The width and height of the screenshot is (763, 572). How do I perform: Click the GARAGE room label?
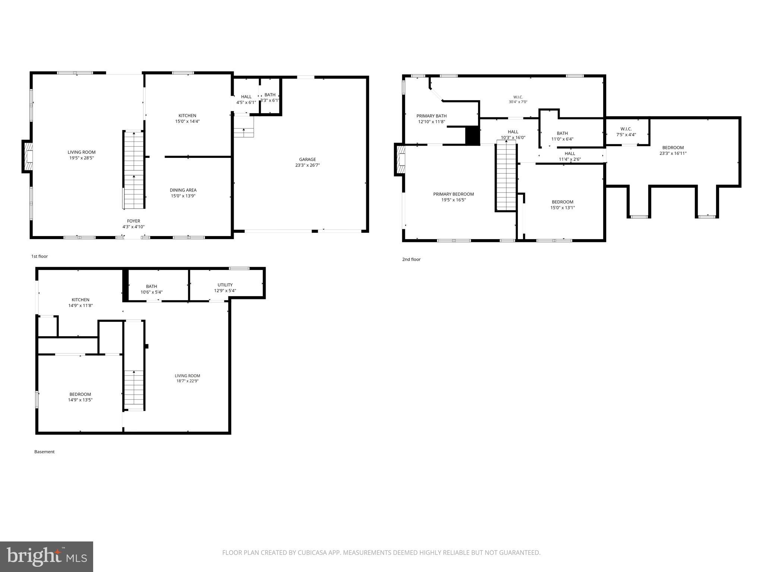(307, 159)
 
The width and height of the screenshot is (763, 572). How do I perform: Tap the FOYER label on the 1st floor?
(133, 221)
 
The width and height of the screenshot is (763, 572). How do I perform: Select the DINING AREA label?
(183, 190)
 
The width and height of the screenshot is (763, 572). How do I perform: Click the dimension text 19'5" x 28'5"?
(82, 158)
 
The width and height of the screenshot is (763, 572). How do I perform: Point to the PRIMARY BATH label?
(431, 116)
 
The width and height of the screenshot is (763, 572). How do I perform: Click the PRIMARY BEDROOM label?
(453, 194)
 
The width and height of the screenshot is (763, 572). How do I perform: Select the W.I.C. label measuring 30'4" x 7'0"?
(518, 97)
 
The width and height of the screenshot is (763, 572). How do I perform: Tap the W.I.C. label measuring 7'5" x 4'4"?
(626, 129)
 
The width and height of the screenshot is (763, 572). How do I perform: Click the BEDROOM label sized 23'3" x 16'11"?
(673, 147)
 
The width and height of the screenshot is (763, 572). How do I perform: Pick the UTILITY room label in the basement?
(225, 285)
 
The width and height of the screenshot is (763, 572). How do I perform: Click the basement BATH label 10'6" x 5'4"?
(151, 286)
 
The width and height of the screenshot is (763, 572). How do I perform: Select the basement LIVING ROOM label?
(187, 376)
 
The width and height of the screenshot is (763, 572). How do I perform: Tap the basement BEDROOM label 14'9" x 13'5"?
(80, 394)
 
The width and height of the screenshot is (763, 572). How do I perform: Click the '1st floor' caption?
(39, 256)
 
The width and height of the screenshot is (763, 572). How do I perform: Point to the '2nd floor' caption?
(411, 259)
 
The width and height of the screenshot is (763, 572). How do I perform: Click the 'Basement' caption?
(44, 452)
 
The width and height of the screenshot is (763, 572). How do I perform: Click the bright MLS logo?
(47, 556)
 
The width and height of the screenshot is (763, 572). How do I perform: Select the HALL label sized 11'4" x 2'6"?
(570, 153)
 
